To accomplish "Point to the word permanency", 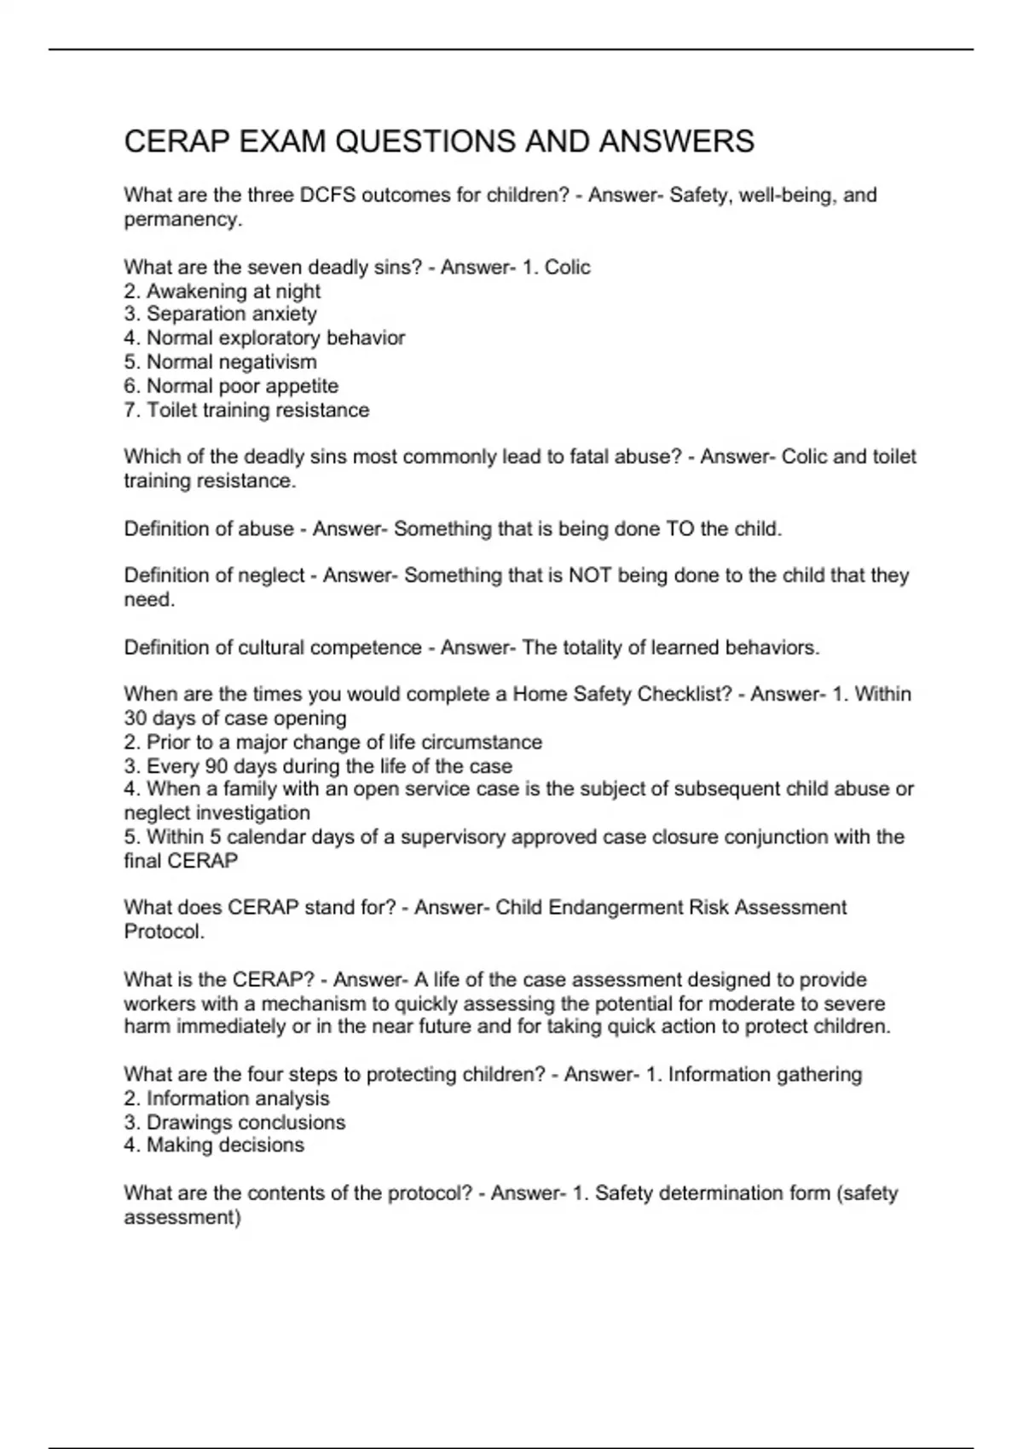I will click(x=181, y=220).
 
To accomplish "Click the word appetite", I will click(x=303, y=386).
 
